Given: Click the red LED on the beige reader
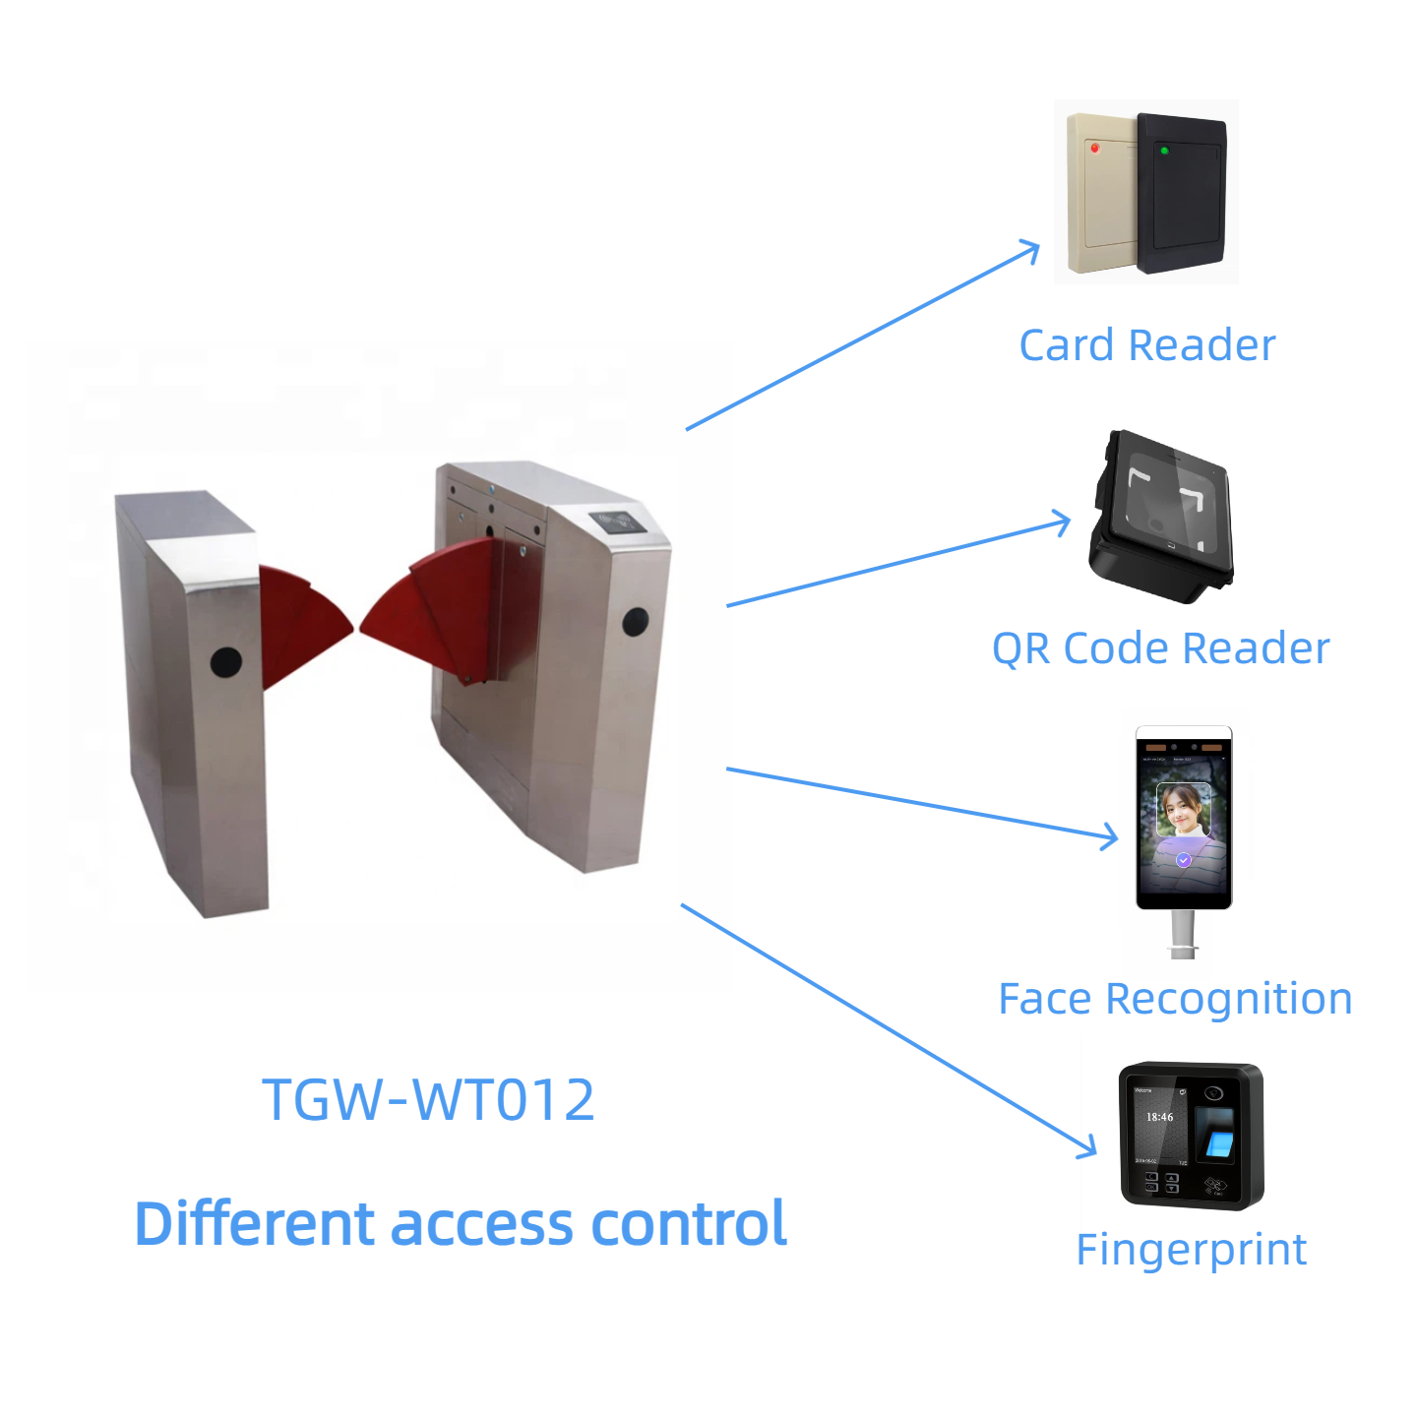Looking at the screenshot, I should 1094,148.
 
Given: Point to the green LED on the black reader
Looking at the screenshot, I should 1164,151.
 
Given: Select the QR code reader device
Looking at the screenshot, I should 1162,517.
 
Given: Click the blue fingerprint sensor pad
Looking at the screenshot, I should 1219,1142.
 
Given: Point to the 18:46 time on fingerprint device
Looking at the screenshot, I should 1159,1117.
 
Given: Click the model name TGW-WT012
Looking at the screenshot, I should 428,1100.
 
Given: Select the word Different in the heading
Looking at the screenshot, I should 255,1224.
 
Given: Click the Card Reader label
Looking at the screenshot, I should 1146,345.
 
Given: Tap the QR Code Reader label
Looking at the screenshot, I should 1160,648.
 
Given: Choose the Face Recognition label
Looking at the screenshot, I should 1175,999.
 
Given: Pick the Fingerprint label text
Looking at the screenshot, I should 1191,1250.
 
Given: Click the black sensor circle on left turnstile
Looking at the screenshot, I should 226,663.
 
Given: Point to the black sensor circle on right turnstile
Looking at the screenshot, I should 636,622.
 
